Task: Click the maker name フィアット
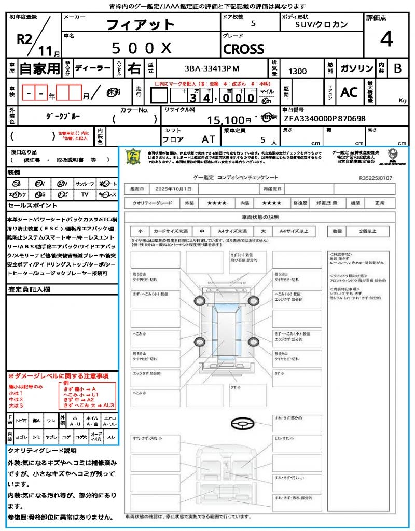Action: [141, 25]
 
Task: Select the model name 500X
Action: [142, 48]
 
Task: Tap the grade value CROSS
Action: [243, 49]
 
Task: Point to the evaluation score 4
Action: [386, 39]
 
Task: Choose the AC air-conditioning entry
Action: [349, 92]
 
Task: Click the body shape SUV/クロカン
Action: [322, 24]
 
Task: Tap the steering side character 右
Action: [134, 68]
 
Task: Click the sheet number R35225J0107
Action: [375, 178]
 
